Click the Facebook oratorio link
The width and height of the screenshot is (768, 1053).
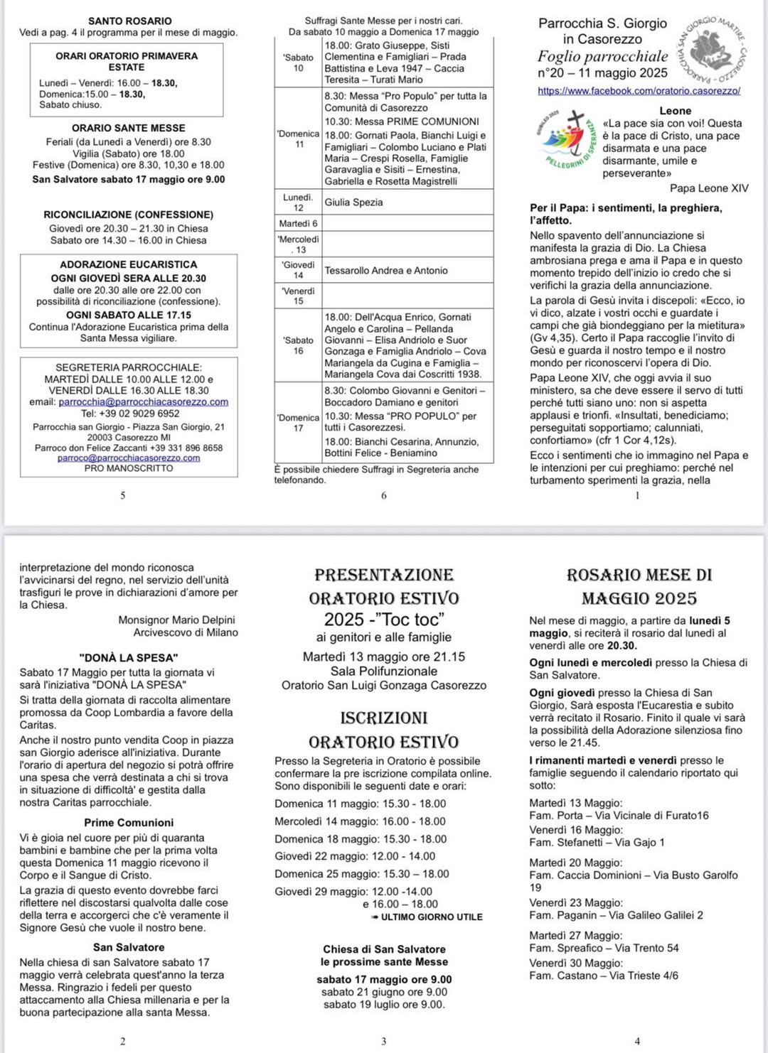(x=639, y=91)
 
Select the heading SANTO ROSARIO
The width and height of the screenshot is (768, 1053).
(x=129, y=21)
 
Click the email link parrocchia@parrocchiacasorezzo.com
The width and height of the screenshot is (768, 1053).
(x=143, y=402)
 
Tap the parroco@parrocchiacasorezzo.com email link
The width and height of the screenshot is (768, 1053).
(x=129, y=458)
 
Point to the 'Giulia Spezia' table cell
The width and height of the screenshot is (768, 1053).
(x=353, y=202)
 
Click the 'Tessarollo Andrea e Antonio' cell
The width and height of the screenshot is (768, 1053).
(x=386, y=271)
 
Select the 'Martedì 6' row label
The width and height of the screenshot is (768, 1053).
(x=298, y=224)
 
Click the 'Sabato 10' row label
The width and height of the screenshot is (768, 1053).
(x=298, y=63)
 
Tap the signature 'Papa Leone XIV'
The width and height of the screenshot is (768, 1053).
(x=708, y=188)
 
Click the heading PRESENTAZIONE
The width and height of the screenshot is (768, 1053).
(x=383, y=575)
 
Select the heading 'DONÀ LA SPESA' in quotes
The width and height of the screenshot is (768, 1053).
(x=129, y=658)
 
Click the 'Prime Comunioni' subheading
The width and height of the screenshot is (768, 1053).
(x=129, y=823)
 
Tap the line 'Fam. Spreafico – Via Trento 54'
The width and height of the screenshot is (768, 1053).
(x=604, y=948)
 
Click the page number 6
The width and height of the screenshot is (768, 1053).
(x=384, y=495)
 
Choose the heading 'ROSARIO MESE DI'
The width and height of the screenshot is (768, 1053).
(x=639, y=575)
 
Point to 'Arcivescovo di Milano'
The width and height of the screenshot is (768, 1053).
(x=186, y=632)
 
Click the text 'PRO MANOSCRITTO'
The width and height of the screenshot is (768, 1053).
(x=129, y=468)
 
